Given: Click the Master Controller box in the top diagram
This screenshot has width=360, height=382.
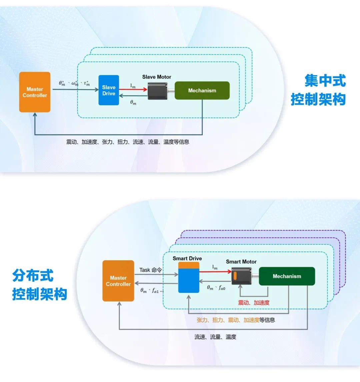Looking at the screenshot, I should [35, 92].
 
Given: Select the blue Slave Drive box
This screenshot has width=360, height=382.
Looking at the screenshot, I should [109, 90].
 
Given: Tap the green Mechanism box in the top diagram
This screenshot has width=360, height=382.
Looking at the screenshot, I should [202, 91].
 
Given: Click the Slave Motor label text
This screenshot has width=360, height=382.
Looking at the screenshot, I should [157, 77].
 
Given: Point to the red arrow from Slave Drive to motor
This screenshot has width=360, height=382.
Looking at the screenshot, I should [133, 89].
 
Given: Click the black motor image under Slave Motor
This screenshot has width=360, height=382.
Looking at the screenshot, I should [157, 90].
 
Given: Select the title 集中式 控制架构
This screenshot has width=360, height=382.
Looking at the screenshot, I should [318, 90].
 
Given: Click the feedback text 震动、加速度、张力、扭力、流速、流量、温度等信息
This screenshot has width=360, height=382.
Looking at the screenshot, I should [128, 142].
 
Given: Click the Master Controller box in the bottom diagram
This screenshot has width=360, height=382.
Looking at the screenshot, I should [118, 281].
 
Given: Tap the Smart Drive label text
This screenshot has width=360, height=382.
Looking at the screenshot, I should [187, 258].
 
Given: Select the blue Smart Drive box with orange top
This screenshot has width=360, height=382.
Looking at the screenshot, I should [189, 278].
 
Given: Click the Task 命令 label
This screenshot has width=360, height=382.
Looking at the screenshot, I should [150, 270].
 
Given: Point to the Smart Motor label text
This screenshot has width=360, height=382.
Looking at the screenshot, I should [241, 262].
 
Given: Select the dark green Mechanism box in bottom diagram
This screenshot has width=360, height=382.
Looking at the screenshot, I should [287, 276].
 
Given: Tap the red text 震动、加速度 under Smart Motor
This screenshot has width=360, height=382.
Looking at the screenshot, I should [254, 303].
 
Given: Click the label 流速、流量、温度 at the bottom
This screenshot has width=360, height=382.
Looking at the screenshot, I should [215, 337].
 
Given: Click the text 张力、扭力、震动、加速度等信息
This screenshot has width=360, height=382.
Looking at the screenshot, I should [236, 320].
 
